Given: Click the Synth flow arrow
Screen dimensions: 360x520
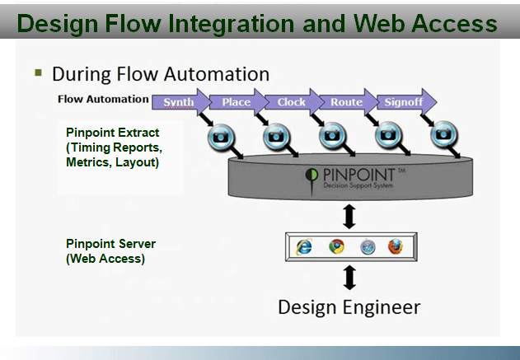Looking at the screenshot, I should (179, 102).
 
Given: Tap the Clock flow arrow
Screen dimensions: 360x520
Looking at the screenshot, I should (290, 102).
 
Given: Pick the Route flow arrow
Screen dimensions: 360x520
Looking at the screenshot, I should (346, 102).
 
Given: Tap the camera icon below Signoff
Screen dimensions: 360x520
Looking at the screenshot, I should (443, 133).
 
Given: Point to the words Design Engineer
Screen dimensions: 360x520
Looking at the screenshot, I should (349, 308).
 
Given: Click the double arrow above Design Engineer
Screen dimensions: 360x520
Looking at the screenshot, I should (349, 276).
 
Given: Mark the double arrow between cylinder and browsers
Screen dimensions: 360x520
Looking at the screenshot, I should (349, 217).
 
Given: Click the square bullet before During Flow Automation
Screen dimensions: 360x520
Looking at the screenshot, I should (38, 72).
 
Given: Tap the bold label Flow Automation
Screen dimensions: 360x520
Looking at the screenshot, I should (103, 100).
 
